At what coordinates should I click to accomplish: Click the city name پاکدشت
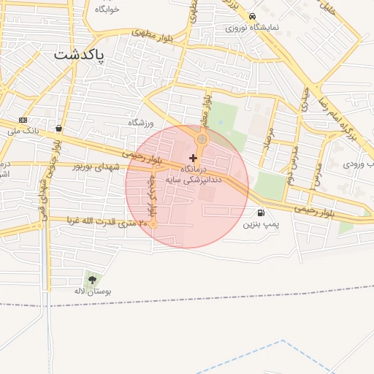(x=80, y=56)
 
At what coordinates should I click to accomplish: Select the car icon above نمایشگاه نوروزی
(x=252, y=16)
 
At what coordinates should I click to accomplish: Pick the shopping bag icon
(x=58, y=129)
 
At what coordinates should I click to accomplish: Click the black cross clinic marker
(x=193, y=158)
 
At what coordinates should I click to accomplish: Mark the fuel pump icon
(x=261, y=213)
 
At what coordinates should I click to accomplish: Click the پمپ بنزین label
(x=262, y=223)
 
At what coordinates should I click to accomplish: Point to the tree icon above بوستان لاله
(x=91, y=279)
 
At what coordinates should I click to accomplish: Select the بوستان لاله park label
(x=91, y=291)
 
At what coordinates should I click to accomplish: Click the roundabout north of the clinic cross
(x=202, y=139)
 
